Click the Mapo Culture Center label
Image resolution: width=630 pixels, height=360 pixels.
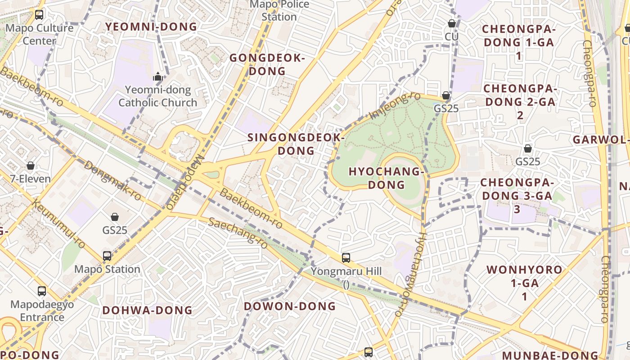(x=39, y=34)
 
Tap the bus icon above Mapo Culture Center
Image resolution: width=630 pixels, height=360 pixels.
(x=39, y=14)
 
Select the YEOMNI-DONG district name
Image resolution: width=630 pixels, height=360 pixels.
(x=151, y=27)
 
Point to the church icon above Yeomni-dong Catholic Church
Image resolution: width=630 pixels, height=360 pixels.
(x=157, y=77)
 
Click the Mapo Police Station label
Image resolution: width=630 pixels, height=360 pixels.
(x=279, y=11)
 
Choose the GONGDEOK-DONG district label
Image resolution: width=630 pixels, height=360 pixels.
(x=267, y=64)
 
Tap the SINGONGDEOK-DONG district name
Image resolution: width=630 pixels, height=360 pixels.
(x=296, y=144)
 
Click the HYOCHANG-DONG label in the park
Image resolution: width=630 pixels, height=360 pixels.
(x=387, y=178)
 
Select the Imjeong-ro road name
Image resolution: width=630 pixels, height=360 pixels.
(x=395, y=106)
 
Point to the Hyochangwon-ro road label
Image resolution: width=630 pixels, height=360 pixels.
(x=410, y=274)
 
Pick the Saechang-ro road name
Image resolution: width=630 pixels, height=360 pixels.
(x=238, y=233)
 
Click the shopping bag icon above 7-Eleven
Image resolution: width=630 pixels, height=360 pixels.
(x=31, y=166)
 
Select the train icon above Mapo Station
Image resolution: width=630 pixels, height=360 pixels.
(x=107, y=256)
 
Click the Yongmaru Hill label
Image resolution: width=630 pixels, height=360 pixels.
(x=346, y=271)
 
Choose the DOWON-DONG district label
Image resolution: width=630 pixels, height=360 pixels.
(x=290, y=306)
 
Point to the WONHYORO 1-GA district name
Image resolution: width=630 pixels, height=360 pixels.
(x=524, y=283)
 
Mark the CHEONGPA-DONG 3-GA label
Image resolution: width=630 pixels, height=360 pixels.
(x=517, y=196)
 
